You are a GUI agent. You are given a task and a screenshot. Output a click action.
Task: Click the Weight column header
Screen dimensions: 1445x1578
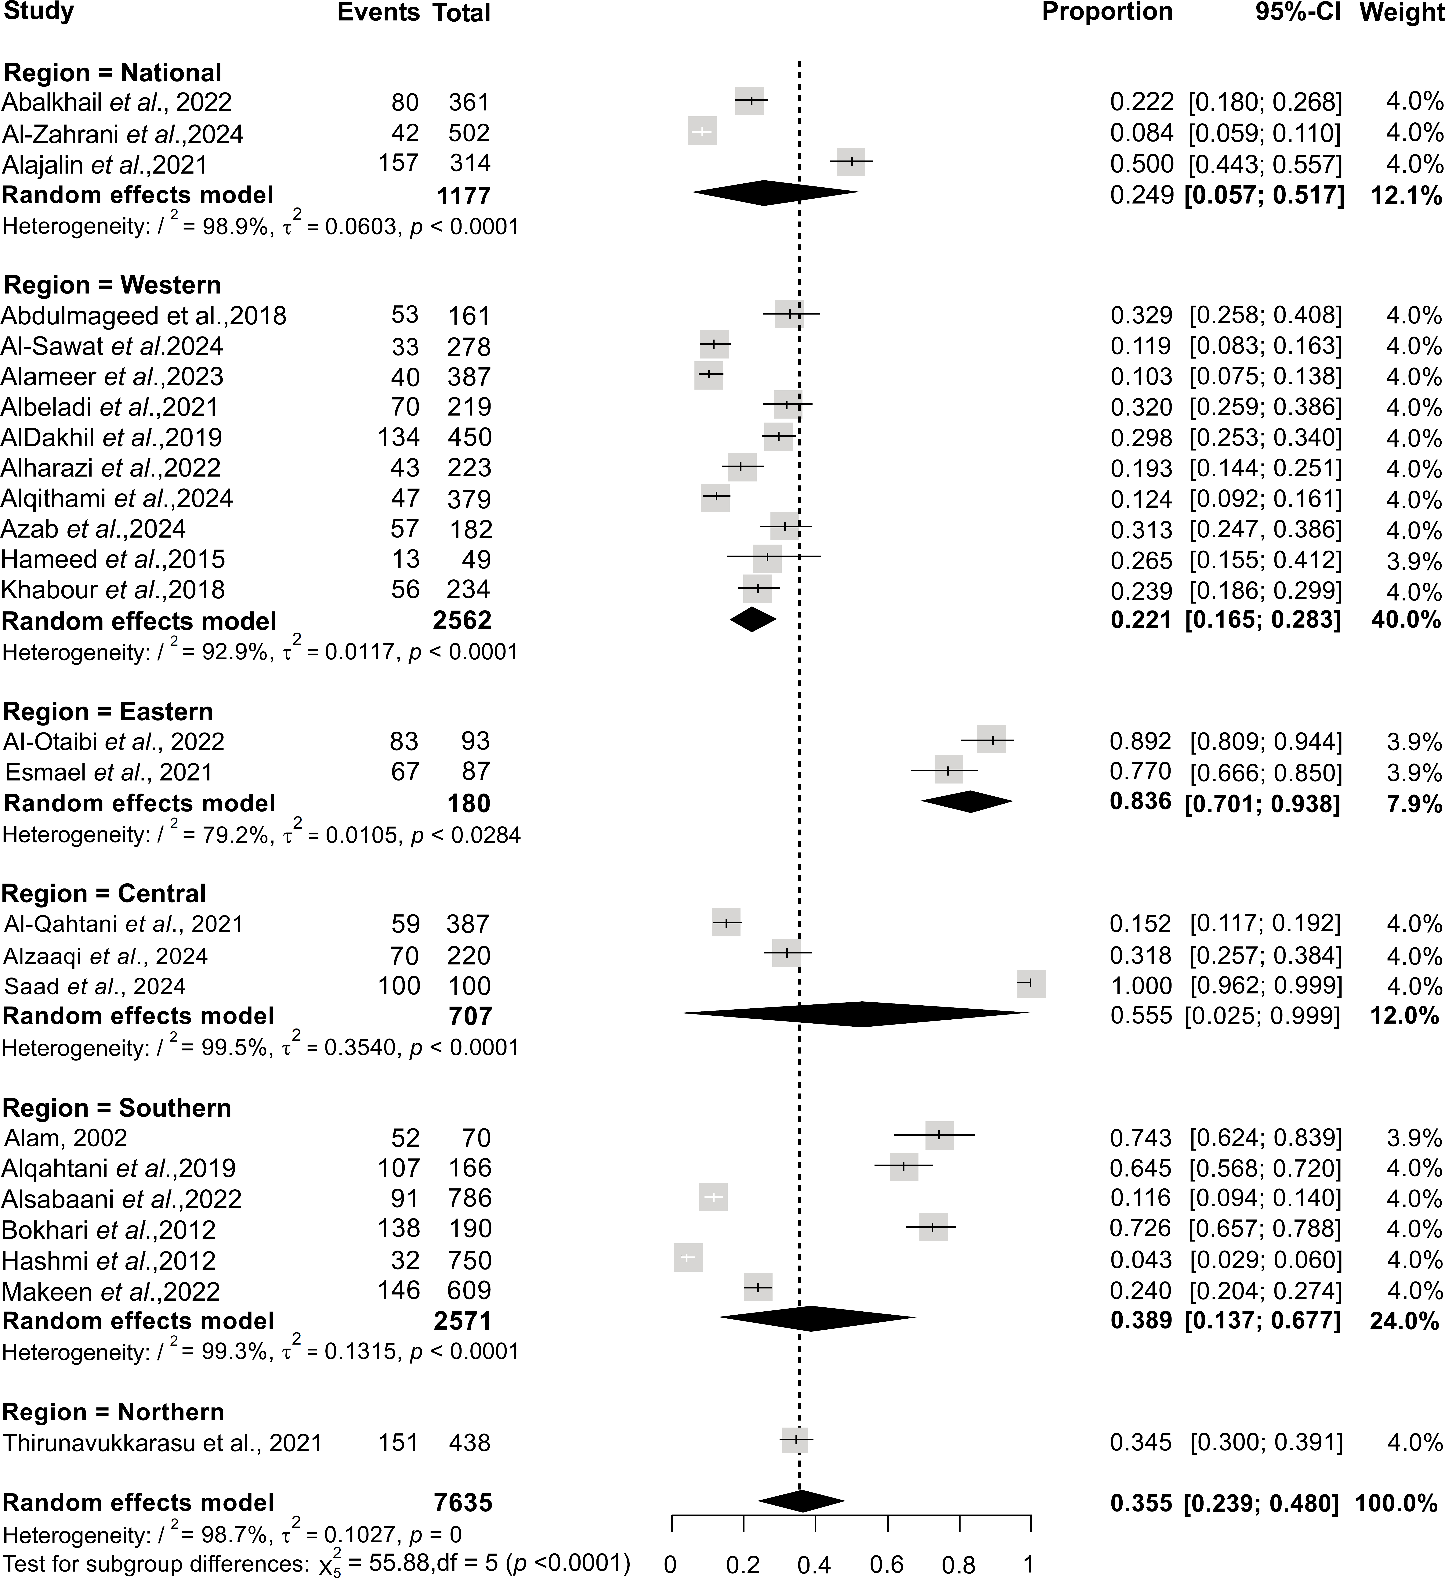click(x=1400, y=13)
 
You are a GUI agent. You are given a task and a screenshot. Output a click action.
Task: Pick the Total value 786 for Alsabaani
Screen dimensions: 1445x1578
click(x=470, y=1198)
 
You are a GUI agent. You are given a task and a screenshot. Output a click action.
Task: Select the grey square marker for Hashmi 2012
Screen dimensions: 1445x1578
click(x=688, y=1258)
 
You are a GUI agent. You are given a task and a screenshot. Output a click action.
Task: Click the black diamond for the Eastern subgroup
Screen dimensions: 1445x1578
click(x=967, y=802)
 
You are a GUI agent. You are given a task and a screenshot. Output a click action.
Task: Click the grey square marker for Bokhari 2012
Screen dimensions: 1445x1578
click(x=933, y=1227)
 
